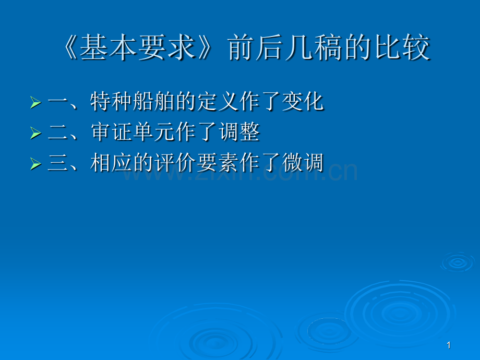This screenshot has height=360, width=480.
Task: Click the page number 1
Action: coord(449,345)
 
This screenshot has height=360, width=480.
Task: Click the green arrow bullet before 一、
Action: coord(35,103)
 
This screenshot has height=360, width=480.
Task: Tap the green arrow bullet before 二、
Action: coord(35,133)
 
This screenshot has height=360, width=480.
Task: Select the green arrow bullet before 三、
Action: coord(35,164)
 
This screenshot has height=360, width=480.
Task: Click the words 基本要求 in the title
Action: coord(137,47)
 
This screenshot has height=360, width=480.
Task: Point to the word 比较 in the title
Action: coord(402,47)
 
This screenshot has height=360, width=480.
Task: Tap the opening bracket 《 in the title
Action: coord(70,47)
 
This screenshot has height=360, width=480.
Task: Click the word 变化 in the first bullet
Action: coord(303,102)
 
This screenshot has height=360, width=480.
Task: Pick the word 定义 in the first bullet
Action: coord(218,102)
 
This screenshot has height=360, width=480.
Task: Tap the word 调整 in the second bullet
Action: coord(239,132)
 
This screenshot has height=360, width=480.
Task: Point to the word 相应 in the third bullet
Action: coord(111,163)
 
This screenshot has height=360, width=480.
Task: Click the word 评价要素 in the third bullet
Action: coord(197,163)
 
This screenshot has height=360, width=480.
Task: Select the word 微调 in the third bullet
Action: coord(303,163)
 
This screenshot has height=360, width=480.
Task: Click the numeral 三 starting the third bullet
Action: coord(57,163)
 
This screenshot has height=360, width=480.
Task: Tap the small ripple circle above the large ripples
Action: coord(458,262)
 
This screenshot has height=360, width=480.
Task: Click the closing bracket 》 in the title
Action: coord(205,47)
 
